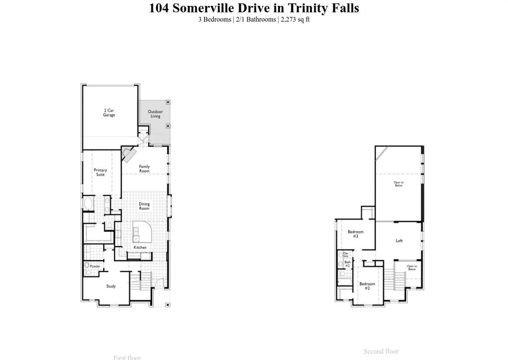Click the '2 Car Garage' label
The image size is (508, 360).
109,113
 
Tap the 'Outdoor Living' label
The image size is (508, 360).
155,114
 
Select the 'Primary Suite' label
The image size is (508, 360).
100,172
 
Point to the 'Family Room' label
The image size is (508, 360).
144,169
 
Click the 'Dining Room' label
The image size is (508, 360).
144,206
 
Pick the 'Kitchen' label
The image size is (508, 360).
140,247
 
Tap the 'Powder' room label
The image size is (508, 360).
95,267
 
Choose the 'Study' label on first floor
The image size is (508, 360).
111,286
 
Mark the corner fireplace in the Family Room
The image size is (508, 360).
128,153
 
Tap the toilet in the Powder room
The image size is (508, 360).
87,266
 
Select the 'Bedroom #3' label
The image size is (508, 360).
356,234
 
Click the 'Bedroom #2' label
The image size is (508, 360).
367,286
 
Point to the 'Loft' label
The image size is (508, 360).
399,241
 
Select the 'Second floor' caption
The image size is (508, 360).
381,352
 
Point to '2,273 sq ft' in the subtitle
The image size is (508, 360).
295,19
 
